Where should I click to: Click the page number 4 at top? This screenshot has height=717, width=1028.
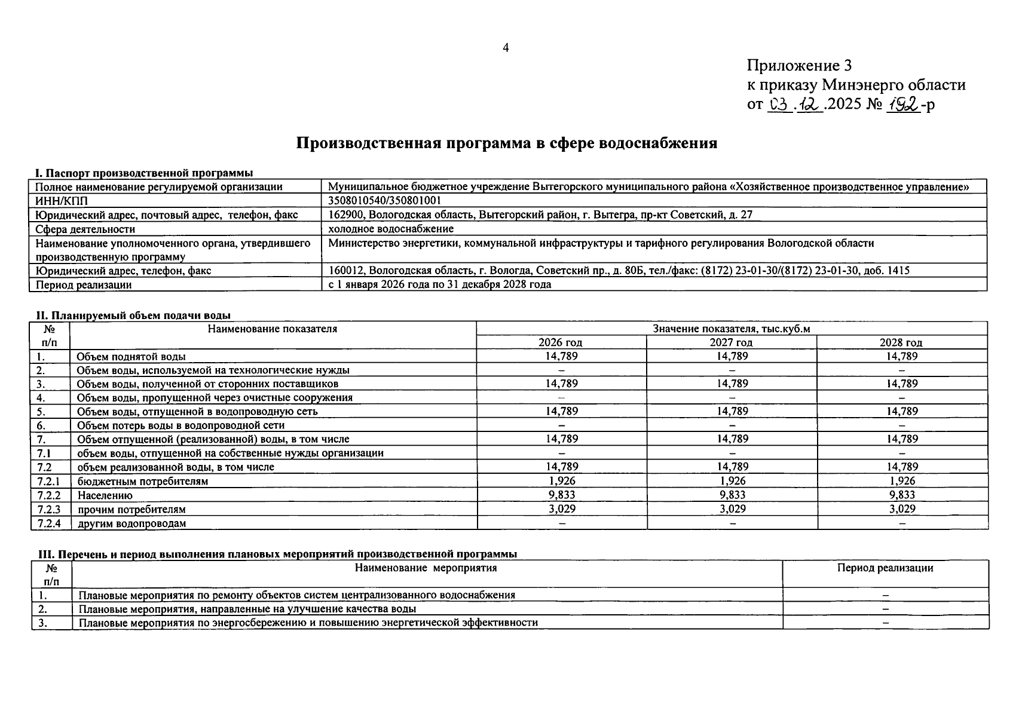506,48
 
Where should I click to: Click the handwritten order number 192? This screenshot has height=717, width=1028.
902,105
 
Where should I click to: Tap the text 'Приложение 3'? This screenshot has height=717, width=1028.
799,65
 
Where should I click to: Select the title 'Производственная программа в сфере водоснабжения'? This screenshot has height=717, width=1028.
507,143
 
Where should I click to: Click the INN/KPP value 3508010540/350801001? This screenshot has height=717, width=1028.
385,201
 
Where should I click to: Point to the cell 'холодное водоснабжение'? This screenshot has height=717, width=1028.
391,229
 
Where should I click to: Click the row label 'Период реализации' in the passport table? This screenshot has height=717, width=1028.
84,285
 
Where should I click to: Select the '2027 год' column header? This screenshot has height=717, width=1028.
731,342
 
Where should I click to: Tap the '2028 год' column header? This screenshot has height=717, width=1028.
901,342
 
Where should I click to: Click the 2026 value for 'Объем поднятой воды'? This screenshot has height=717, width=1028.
561,356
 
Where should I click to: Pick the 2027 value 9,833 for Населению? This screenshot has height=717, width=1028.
732,495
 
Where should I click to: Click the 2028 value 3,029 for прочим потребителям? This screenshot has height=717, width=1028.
901,509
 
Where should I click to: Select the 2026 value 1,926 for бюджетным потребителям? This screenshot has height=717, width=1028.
561,480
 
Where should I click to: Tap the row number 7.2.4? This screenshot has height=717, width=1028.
49,523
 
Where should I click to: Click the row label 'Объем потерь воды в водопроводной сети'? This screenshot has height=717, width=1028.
180,425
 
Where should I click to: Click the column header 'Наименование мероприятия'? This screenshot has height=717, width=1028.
426,568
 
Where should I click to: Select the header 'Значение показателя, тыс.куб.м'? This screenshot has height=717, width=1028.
731,329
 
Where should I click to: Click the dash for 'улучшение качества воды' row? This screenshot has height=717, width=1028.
885,609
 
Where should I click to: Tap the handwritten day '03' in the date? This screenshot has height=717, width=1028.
779,105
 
